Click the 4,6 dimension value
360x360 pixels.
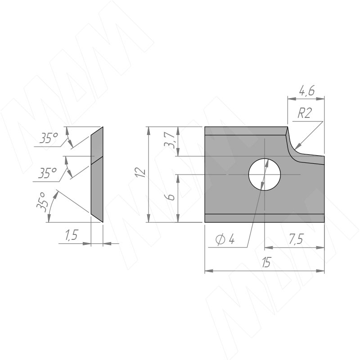(x=307, y=91)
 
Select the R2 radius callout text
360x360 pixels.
(x=305, y=113)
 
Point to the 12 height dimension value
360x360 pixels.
(x=141, y=172)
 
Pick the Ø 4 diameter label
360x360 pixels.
(x=225, y=240)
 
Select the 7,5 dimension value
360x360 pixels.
(x=296, y=239)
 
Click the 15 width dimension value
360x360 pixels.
(x=266, y=262)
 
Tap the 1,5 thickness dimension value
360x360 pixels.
(x=72, y=235)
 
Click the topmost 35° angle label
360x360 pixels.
(x=48, y=138)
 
